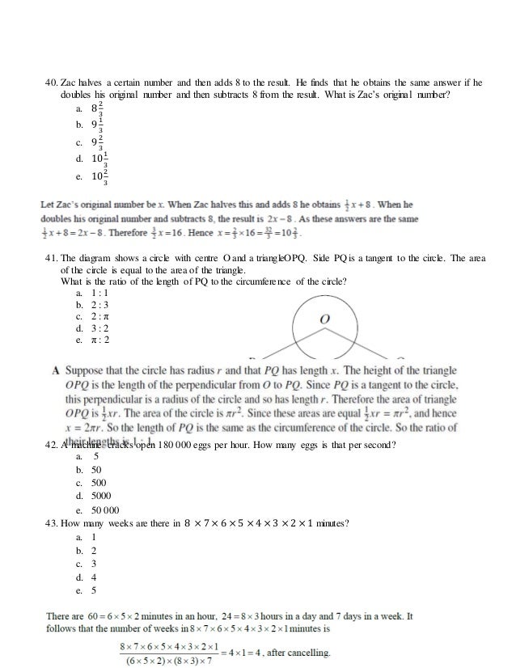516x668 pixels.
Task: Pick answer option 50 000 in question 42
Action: (x=105, y=510)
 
